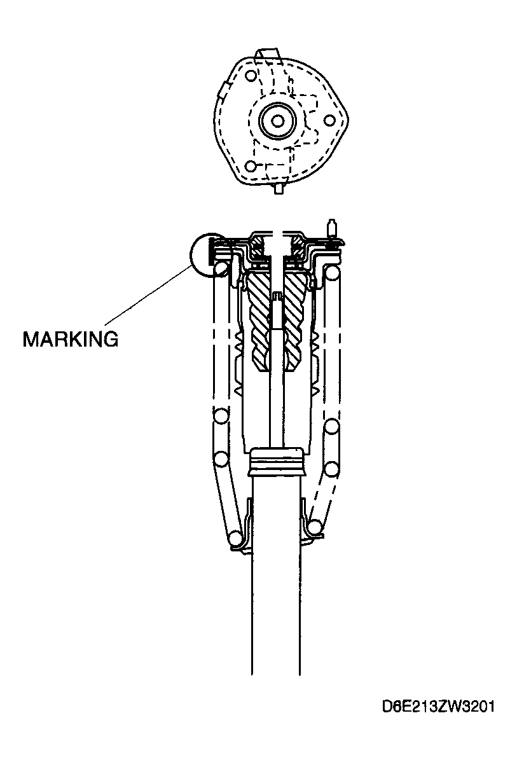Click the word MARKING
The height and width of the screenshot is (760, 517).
[x=71, y=339]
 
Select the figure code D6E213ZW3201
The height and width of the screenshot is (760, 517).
[x=439, y=707]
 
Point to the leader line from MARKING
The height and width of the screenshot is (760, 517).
[x=148, y=295]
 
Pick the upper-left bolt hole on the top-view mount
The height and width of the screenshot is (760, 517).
[x=251, y=76]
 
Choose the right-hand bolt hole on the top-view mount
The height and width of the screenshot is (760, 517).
[x=329, y=120]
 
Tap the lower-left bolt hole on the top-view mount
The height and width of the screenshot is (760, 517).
[x=250, y=167]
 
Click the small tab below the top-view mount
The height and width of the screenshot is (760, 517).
[x=279, y=189]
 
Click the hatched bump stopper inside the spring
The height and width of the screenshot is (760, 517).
[x=274, y=322]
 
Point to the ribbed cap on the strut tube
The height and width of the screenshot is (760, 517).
[x=276, y=462]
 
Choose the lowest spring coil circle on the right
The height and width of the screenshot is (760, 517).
[x=315, y=527]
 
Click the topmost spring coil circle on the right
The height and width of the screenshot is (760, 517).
[x=333, y=272]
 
